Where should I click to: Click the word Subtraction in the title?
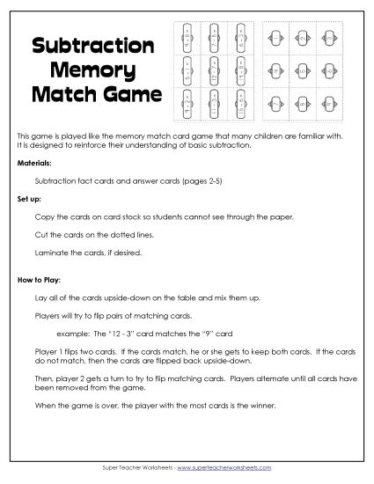[93, 46]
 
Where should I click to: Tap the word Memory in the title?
[93, 69]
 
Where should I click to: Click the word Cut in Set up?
[38, 234]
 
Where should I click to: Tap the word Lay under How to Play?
[38, 300]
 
